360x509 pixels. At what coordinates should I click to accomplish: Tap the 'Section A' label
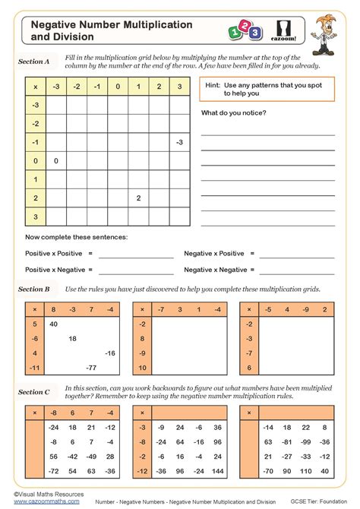coord(34,62)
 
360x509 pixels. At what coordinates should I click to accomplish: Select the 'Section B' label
coord(34,289)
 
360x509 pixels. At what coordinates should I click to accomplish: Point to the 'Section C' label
coord(34,392)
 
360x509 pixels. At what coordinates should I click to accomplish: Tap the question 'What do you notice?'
coord(234,112)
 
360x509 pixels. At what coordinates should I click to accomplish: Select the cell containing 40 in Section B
coord(54,324)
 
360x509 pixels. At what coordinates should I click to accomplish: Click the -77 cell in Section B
coord(91,368)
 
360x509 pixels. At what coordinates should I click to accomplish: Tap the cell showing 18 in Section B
coord(73,338)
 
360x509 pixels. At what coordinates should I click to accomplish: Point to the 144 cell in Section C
coord(217,471)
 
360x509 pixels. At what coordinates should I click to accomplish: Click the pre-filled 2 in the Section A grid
coord(138,198)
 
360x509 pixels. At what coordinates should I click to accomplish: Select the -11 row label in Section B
coord(34,368)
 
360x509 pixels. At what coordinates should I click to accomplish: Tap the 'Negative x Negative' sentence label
coord(216,270)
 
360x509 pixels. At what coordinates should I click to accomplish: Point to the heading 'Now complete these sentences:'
coord(77,237)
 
